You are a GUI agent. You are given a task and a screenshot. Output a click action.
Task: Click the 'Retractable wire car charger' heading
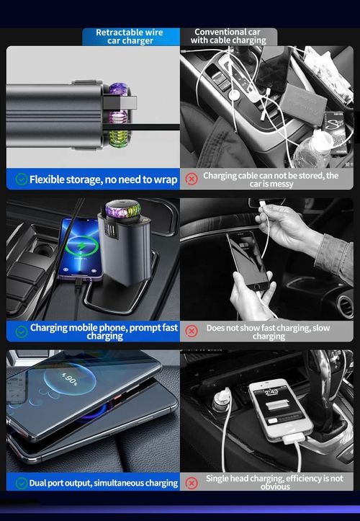click(130, 37)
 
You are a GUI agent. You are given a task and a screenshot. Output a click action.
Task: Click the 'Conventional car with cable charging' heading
click(227, 37)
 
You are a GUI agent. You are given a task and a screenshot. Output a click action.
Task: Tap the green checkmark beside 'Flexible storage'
click(22, 179)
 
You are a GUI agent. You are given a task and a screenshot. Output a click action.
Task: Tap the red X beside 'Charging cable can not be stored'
click(192, 179)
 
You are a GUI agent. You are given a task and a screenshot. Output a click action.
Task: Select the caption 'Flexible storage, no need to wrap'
click(103, 179)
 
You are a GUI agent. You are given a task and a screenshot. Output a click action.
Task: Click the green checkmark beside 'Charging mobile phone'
click(22, 331)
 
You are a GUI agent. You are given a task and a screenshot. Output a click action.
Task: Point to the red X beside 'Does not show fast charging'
click(192, 331)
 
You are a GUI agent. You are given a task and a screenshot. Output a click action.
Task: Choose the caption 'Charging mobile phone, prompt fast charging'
click(104, 331)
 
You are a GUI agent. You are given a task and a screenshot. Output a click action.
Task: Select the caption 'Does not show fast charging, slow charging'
click(269, 331)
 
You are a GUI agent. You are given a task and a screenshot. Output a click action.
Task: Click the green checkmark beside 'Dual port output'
click(22, 483)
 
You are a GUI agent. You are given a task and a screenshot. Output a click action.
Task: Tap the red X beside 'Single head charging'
click(192, 483)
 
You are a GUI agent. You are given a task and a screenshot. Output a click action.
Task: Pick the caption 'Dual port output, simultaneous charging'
click(103, 483)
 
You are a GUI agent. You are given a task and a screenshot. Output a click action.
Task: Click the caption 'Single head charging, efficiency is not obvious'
click(274, 482)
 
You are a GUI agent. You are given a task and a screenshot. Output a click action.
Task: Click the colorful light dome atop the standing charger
click(123, 209)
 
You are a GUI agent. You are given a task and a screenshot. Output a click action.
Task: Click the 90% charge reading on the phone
click(70, 379)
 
